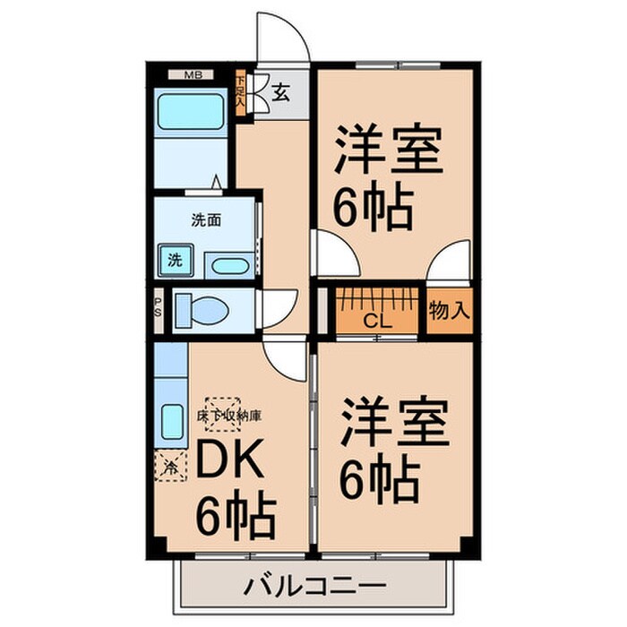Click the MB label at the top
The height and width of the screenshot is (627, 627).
click(x=193, y=75)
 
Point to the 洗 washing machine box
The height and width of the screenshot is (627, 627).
click(x=175, y=262)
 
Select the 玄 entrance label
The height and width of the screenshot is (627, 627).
click(x=280, y=90)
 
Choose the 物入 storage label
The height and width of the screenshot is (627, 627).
click(x=451, y=311)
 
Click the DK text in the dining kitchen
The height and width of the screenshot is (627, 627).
click(x=228, y=463)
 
